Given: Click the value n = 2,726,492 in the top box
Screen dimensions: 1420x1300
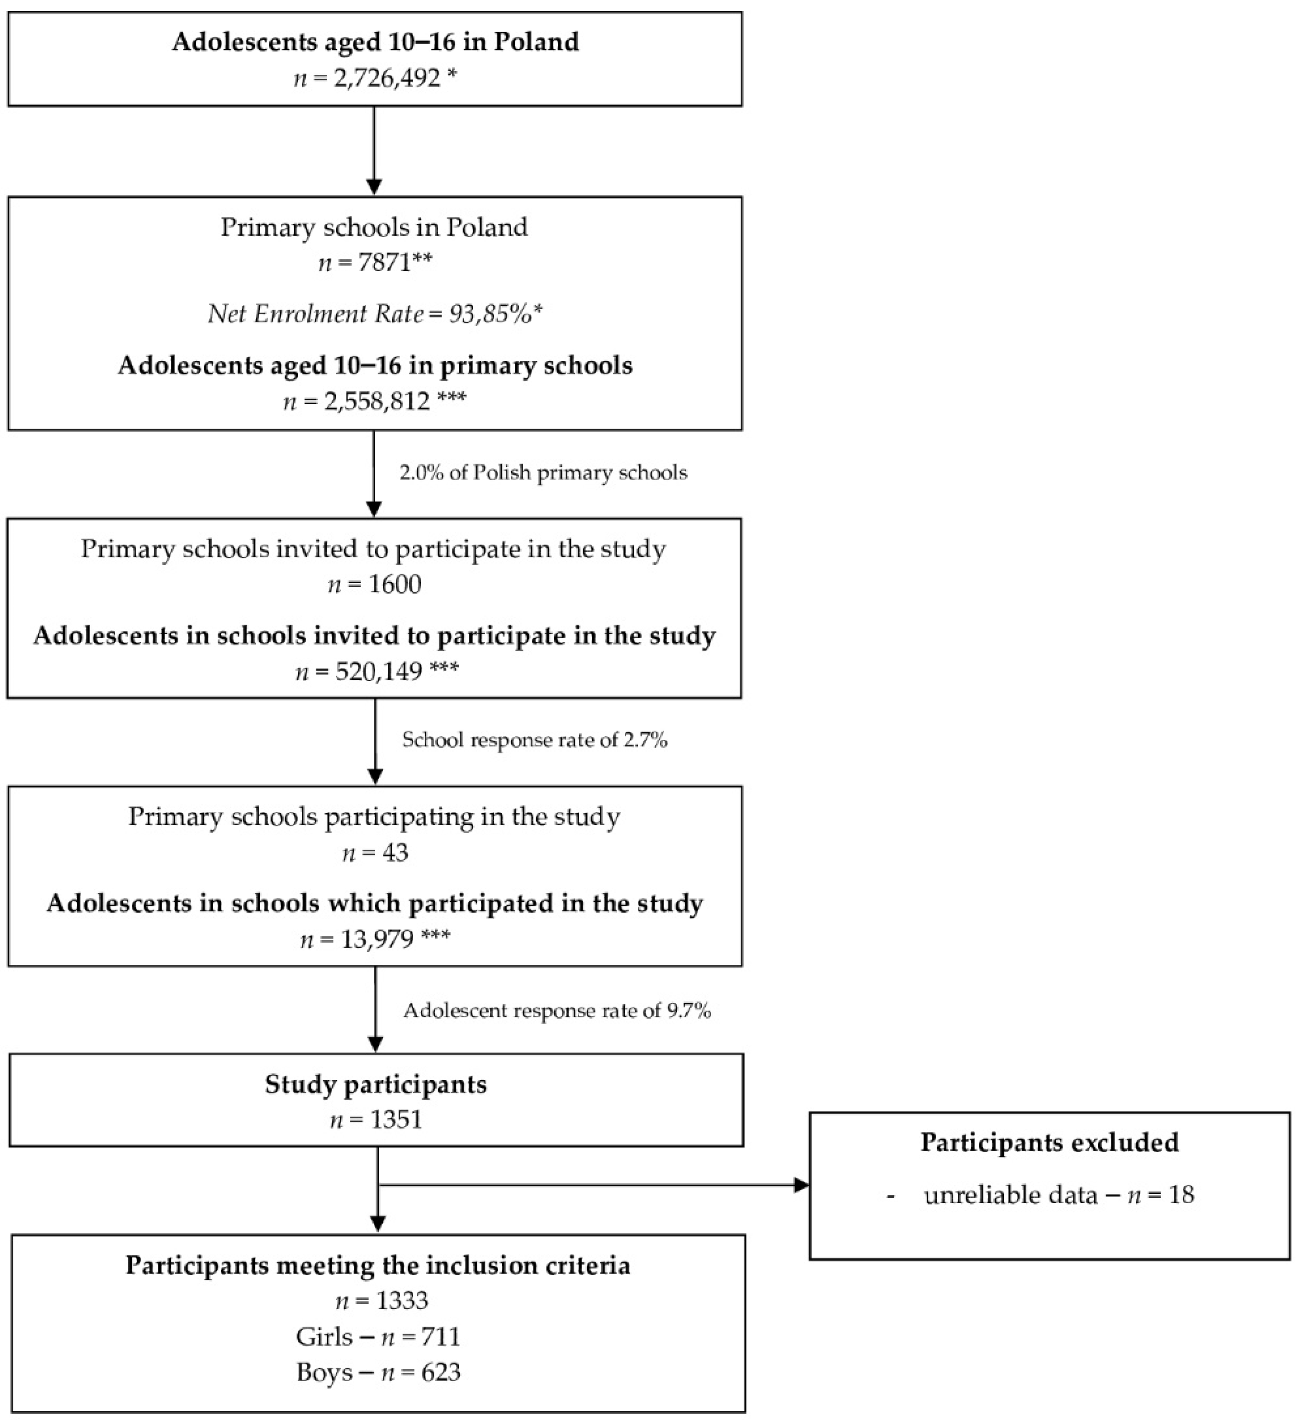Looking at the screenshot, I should (375, 77).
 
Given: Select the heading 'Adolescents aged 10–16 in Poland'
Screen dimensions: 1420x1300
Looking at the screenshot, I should (375, 42).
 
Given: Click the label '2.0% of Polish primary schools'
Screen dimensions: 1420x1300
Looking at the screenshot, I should (543, 473).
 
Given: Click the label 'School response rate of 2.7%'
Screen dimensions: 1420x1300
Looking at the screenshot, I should (535, 740).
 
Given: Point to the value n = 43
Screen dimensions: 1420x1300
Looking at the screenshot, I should (375, 853).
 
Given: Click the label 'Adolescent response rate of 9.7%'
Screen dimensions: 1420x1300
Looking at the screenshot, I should (557, 1011).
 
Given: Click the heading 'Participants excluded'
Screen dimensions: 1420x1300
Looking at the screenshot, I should (1050, 1143).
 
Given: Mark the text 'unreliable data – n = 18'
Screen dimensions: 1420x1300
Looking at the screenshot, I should (1059, 1195).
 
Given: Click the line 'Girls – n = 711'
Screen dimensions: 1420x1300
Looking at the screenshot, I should (378, 1337).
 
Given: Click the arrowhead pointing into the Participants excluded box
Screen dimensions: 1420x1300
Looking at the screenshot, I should (801, 1185).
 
